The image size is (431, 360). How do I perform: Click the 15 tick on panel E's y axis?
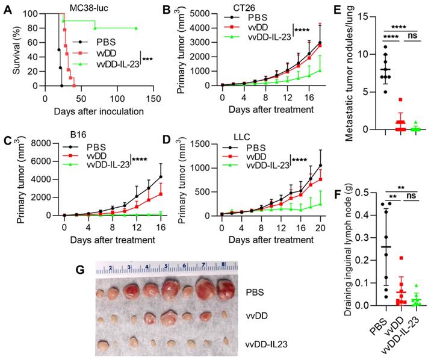(373, 14)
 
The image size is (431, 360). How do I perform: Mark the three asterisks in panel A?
(147, 59)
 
